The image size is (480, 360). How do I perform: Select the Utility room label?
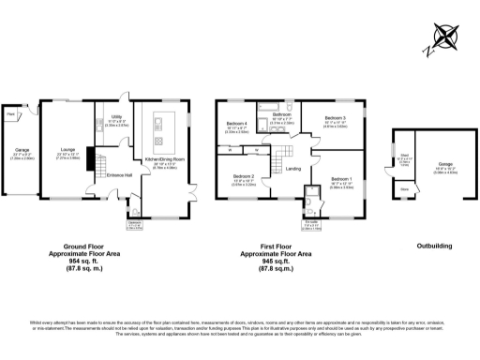coord(113,119)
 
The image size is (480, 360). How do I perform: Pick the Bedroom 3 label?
coord(335,119)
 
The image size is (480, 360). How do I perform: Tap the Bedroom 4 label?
coord(236,124)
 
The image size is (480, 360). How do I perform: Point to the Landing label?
coord(292,168)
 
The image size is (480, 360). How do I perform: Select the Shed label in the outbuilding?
coord(404,157)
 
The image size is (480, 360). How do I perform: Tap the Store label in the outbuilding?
coord(404,188)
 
